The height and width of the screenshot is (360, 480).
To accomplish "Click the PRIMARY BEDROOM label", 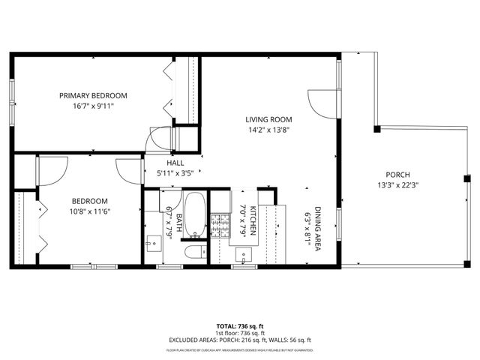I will point(93,95).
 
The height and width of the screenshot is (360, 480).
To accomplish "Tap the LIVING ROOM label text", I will point(268,119).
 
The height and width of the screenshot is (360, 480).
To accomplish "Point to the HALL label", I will point(175,163).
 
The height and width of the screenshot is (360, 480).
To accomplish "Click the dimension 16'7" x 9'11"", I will point(93,106).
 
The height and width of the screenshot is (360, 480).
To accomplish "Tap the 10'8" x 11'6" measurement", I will point(90,212).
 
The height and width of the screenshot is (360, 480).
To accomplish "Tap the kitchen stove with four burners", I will point(220,223).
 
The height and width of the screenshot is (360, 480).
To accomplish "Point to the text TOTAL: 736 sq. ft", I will point(240,326).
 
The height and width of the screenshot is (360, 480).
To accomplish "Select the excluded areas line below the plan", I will point(240,340).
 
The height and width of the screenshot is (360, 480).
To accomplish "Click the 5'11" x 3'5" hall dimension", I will point(175,173).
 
